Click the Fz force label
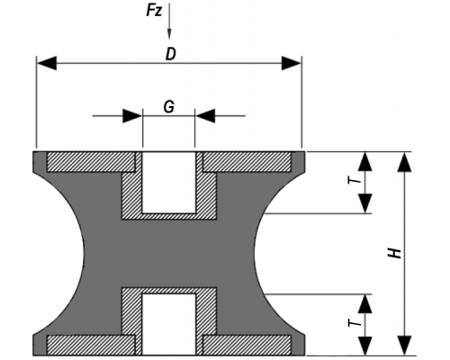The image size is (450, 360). [x=154, y=11]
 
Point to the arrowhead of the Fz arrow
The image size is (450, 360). [x=169, y=34]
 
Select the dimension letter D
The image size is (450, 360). [x=170, y=54]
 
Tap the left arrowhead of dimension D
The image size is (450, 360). [x=47, y=63]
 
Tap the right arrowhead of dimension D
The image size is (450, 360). [x=292, y=63]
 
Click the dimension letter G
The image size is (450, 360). [x=169, y=106]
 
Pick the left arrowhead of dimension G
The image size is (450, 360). [x=132, y=116]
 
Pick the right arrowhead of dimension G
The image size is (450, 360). [x=205, y=116]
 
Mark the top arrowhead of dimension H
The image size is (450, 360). [x=404, y=162]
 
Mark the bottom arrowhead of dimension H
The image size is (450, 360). [x=404, y=346]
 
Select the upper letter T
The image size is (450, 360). [x=355, y=180]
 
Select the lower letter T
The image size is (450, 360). [x=355, y=323]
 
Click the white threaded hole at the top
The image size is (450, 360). [x=169, y=183]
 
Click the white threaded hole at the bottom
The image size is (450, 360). [x=169, y=324]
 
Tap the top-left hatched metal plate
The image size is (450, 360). [x=91, y=162]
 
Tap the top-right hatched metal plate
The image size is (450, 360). [x=247, y=162]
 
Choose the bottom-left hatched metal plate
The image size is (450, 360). [x=91, y=345]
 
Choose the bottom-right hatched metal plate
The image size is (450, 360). [x=247, y=345]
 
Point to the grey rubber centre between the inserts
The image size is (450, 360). [x=169, y=254]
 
